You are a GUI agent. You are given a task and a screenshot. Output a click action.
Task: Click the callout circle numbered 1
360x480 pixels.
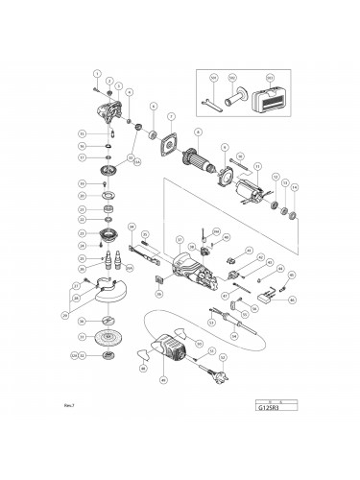click(97, 74)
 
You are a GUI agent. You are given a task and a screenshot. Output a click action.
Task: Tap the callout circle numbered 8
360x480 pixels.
click(198, 132)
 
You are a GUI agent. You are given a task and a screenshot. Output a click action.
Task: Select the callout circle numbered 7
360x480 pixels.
click(171, 117)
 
